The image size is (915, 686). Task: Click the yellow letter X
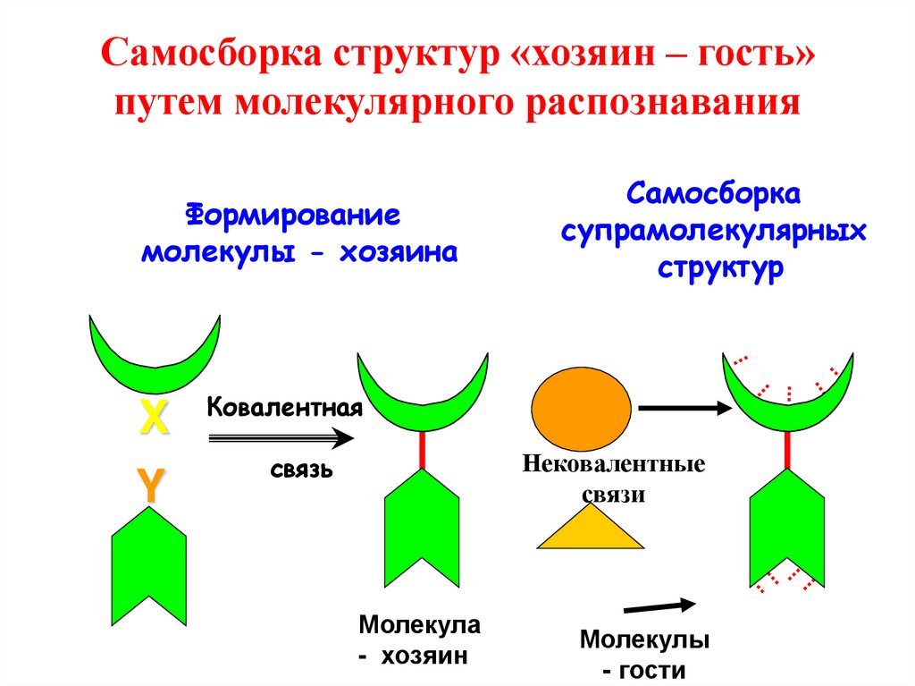point(154,417)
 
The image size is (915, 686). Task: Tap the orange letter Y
point(150,485)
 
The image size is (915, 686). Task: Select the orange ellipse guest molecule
point(581,409)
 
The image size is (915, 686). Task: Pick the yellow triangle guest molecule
point(590,528)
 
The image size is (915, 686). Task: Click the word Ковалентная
point(285,407)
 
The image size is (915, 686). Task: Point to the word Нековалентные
point(613,464)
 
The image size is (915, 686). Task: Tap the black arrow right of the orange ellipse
point(684,408)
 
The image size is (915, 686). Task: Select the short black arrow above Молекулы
point(660,606)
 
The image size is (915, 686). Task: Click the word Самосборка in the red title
point(211,53)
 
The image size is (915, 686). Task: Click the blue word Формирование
point(293,215)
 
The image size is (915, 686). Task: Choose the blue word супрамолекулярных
point(713,232)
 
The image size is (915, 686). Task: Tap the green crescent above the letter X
point(155,358)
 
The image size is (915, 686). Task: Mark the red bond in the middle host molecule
point(423,450)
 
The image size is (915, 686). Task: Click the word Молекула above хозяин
point(420,624)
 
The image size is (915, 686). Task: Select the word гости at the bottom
point(651,670)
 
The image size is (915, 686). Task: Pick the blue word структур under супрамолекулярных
point(720,268)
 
